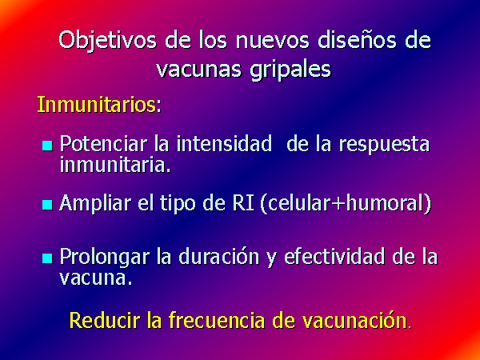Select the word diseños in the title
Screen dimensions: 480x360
[357, 41]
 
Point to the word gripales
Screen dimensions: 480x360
[290, 71]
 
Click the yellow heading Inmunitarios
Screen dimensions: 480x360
[97, 105]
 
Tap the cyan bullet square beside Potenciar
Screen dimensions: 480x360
[47, 146]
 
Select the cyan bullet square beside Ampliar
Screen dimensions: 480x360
[47, 205]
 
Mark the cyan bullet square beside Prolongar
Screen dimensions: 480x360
[47, 258]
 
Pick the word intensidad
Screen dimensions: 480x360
[224, 143]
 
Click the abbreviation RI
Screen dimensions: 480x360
[244, 202]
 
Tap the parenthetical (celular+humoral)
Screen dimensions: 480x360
[346, 203]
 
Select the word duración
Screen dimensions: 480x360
[219, 256]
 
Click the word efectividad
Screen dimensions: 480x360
[334, 256]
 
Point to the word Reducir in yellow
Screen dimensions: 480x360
[105, 320]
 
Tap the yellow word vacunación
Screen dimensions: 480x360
[354, 320]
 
